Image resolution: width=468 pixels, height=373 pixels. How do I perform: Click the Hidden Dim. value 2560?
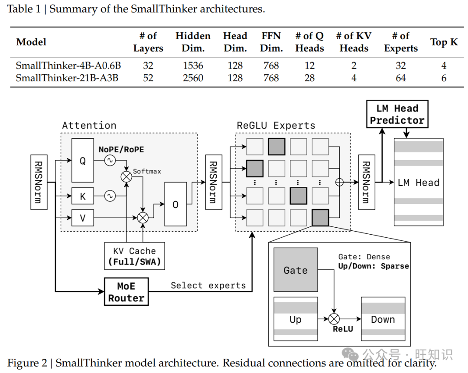point(193,78)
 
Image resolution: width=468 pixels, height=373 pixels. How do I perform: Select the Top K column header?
point(444,42)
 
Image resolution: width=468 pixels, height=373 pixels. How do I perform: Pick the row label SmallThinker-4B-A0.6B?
point(68,66)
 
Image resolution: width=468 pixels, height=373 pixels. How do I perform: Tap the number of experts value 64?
point(400,78)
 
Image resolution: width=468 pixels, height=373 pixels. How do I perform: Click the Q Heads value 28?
point(309,78)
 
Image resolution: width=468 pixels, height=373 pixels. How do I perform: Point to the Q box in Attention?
point(82,161)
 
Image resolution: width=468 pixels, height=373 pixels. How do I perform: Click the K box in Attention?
point(82,196)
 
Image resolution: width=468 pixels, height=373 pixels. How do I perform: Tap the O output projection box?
point(175,204)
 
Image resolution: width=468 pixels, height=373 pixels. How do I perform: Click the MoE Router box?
point(126,292)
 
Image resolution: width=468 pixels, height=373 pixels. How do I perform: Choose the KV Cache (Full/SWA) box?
point(134,256)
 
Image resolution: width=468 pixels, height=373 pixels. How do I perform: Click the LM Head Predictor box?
point(397,114)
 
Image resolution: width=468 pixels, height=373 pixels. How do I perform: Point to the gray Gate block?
point(296,270)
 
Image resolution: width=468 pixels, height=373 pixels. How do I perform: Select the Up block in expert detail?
point(295,319)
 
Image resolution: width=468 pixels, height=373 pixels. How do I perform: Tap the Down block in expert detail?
point(383,319)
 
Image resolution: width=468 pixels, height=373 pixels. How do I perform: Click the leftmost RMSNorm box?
point(39,182)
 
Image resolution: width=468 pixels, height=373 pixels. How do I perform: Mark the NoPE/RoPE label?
point(121,150)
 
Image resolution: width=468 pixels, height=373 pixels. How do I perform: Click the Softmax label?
point(147,171)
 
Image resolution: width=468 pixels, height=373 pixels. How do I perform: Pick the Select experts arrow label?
point(208,285)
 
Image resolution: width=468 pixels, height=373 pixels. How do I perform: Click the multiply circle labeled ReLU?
point(333,319)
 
